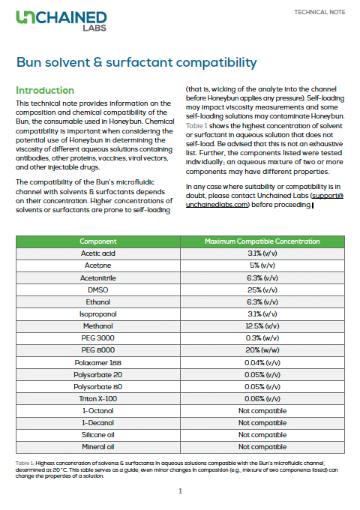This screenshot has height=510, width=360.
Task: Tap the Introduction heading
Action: point(45,90)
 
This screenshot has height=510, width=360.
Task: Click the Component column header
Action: point(98,241)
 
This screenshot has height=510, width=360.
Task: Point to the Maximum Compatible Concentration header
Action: point(262,241)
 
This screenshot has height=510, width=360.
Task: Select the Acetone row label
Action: point(98,265)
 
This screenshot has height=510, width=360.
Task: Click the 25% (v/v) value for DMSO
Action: point(262,289)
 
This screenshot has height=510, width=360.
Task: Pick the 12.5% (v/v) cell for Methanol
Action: point(262,325)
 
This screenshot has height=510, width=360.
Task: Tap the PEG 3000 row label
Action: point(98,337)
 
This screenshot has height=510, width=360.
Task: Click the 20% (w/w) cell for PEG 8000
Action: point(262,349)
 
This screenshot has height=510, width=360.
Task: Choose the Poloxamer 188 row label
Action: point(98,361)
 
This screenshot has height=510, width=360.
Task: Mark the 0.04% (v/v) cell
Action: point(262,361)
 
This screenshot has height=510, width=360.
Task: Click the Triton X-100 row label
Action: point(98,398)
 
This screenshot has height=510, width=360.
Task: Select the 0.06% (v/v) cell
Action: point(262,398)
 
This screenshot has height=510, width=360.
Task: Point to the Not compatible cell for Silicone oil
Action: point(262,434)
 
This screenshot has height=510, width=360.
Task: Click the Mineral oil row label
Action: point(98,446)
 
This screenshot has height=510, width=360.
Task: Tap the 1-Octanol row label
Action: point(98,410)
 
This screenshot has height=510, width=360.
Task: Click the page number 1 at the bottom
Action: point(180,491)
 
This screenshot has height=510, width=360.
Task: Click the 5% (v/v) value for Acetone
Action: point(262,265)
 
